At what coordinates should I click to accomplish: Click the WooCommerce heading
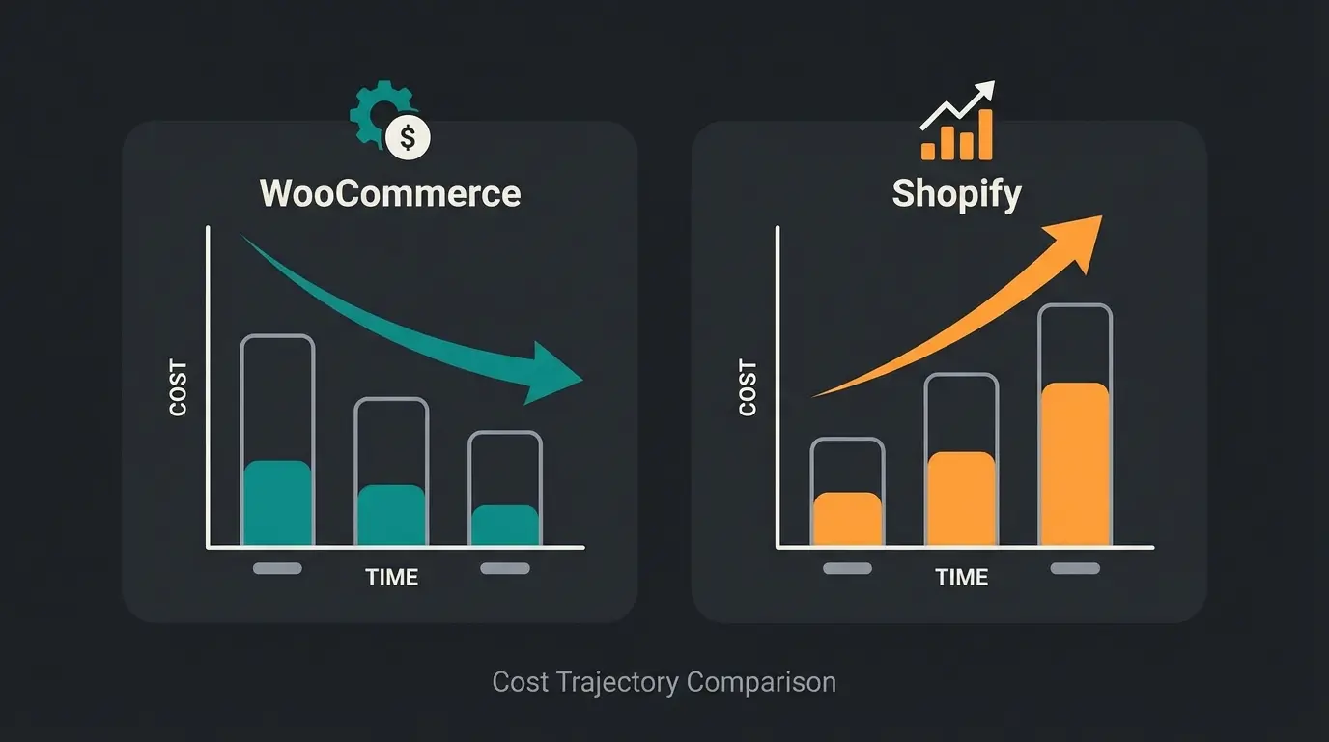[390, 193]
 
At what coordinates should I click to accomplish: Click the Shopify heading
[956, 194]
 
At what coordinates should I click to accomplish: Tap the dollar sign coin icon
[408, 138]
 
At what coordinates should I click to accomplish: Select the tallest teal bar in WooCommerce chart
[277, 503]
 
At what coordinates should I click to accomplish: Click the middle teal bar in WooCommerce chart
[391, 516]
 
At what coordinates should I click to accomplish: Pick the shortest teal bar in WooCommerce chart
[505, 526]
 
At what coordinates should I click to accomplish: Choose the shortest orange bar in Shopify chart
[847, 520]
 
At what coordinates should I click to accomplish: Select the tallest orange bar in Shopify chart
[1075, 465]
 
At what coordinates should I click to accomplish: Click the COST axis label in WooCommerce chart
[179, 388]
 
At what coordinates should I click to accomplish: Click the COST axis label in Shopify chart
[748, 388]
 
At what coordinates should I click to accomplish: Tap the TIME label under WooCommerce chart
[391, 578]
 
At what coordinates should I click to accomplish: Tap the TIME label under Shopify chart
[961, 578]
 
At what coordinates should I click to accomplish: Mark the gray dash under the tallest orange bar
[1075, 569]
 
